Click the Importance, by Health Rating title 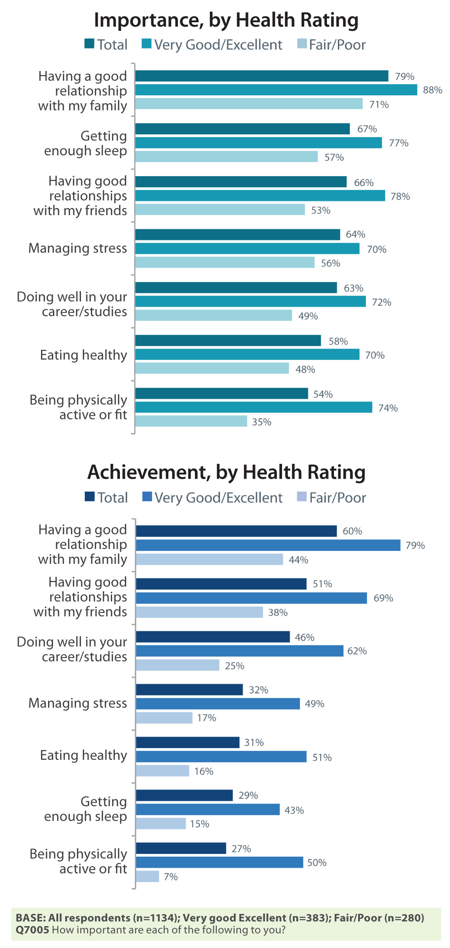pos(226,20)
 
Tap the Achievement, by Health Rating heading pos(226,472)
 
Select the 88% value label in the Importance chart pos(432,90)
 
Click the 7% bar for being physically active pos(148,877)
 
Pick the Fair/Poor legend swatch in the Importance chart pos(302,44)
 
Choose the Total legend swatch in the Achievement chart pos(90,497)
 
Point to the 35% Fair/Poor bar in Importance pos(191,421)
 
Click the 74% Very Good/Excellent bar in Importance pos(254,407)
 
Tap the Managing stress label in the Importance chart pos(78,248)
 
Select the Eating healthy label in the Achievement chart pos(84,756)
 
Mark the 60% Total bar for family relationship pos(236,531)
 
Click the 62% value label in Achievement pos(357,651)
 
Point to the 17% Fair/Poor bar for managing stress pos(164,718)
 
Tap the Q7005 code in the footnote pos(32,930)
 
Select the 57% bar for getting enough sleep pos(227,157)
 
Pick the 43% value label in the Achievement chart pos(294,810)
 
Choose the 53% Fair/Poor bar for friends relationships pos(220,210)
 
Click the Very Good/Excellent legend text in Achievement pos(218,498)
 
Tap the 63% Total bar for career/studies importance pos(236,288)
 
